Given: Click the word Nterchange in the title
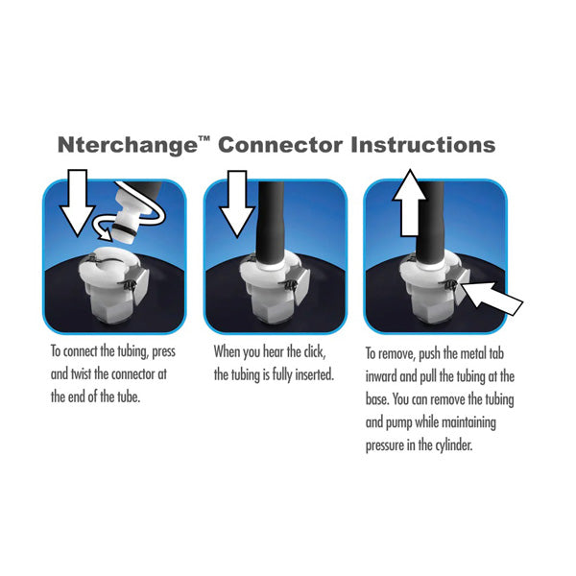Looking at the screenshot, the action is pos(128,146).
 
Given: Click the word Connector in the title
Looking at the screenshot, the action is pos(280,145).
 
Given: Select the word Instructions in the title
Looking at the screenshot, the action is pos(423,145).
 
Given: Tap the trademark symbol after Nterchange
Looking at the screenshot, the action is pos(204,139).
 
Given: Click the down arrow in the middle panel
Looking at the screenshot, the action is pos(237,204).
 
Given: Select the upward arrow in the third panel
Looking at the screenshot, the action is pos(410,203).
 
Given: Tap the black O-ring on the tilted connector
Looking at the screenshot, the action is pos(125,229).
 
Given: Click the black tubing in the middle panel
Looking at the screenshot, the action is pos(271,223).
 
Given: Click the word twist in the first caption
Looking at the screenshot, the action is pos(81,374).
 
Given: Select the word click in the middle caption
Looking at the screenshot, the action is pos(314,351).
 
